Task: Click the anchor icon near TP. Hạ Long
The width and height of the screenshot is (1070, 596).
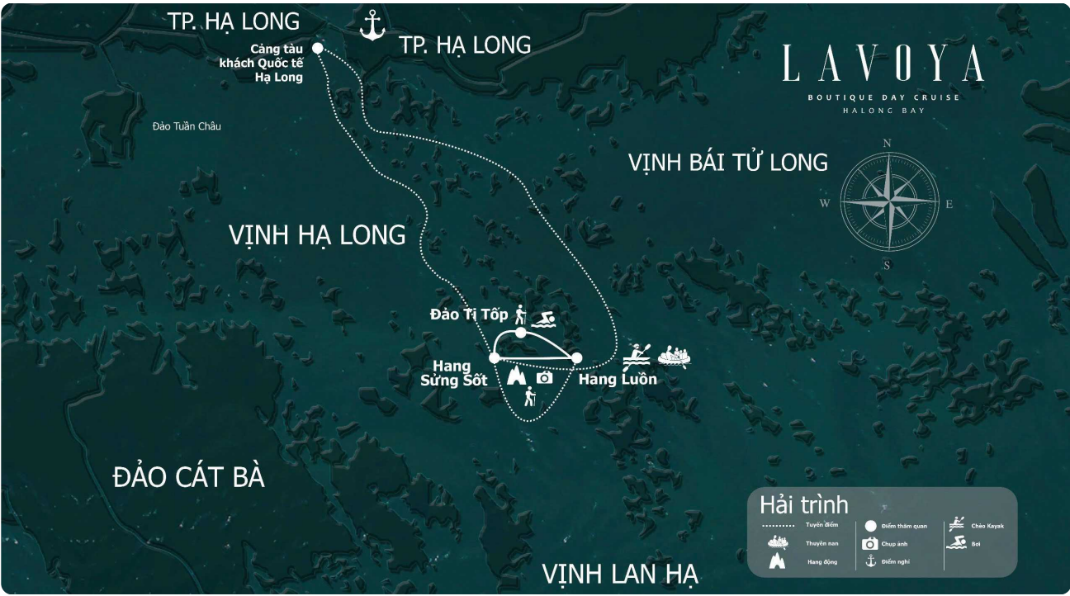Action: [372, 26]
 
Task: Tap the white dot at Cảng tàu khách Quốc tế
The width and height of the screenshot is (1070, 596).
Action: [318, 48]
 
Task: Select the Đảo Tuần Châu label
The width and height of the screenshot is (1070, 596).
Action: [187, 126]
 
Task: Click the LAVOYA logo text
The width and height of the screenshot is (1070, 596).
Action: [883, 64]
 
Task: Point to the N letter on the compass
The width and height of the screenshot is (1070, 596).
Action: [888, 142]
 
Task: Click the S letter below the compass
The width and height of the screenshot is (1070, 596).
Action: [887, 265]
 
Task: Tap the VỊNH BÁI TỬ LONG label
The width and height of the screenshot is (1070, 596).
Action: [727, 163]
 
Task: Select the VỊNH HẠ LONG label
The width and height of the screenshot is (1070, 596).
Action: [317, 235]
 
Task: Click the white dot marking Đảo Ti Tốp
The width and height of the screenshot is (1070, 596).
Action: [520, 332]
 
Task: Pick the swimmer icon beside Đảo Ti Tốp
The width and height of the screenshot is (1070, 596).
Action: [543, 319]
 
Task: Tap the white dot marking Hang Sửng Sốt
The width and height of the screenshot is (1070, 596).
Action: [494, 357]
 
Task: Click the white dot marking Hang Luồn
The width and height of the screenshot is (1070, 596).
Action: [576, 357]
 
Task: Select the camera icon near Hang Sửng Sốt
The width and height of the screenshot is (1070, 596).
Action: [544, 377]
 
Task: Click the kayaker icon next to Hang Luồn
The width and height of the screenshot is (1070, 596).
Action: [637, 355]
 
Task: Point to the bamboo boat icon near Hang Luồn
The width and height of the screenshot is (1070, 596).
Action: [674, 356]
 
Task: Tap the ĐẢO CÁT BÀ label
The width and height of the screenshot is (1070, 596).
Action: [188, 477]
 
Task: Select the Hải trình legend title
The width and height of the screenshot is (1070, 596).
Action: [803, 505]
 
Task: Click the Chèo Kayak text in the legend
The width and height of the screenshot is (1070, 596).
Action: [987, 526]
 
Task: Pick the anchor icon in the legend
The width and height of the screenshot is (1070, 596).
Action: [869, 561]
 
